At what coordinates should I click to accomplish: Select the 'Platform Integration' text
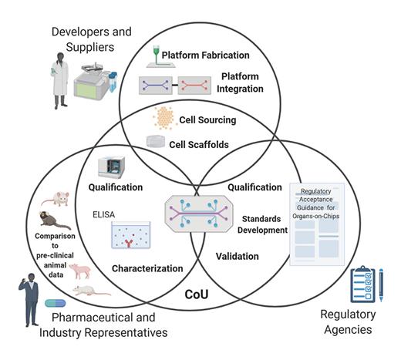pyautogui.click(x=241, y=82)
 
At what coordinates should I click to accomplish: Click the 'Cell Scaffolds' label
pyautogui.click(x=207, y=143)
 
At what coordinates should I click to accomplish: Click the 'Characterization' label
pyautogui.click(x=146, y=269)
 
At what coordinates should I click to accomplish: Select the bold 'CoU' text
pyautogui.click(x=200, y=294)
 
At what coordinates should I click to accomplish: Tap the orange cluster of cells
pyautogui.click(x=163, y=117)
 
